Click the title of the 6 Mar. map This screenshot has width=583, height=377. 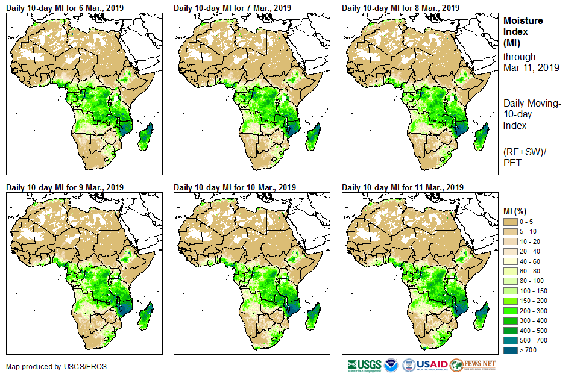click(x=65, y=8)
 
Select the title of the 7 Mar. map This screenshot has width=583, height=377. click(x=232, y=8)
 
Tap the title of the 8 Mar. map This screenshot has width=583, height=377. click(x=400, y=8)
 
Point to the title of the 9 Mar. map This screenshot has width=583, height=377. click(x=65, y=187)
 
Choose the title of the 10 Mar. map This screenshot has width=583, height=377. click(x=235, y=187)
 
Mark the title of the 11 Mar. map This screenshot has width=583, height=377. click(x=403, y=187)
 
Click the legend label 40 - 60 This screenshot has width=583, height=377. click(x=531, y=261)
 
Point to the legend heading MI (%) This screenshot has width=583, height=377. click(x=518, y=210)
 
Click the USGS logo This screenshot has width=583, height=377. click(x=364, y=365)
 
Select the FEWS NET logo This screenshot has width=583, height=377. click(x=473, y=365)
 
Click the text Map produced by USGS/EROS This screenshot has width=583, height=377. click(x=48, y=366)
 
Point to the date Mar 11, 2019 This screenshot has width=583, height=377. click(x=531, y=67)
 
